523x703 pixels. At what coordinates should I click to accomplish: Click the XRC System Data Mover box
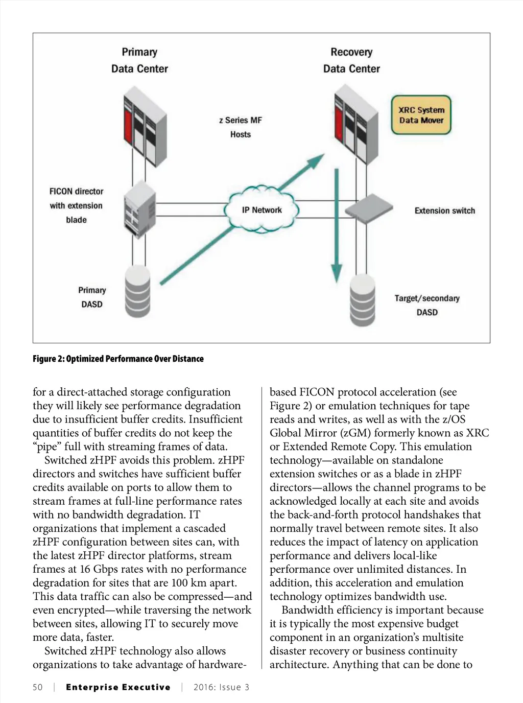[421, 115]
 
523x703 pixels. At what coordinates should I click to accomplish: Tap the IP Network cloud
[261, 209]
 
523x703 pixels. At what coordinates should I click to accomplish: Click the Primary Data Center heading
[139, 60]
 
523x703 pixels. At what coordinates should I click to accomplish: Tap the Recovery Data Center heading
[351, 60]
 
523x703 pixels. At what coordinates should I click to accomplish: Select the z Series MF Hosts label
[241, 127]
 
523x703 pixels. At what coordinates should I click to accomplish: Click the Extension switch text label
[444, 210]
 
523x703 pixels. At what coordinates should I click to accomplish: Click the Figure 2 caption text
[118, 359]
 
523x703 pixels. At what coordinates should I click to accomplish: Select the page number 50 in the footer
[38, 687]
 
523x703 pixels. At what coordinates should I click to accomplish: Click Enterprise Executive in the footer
[118, 687]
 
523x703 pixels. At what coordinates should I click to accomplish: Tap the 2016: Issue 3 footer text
[221, 687]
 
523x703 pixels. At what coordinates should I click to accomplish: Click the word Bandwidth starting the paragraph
[306, 610]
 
